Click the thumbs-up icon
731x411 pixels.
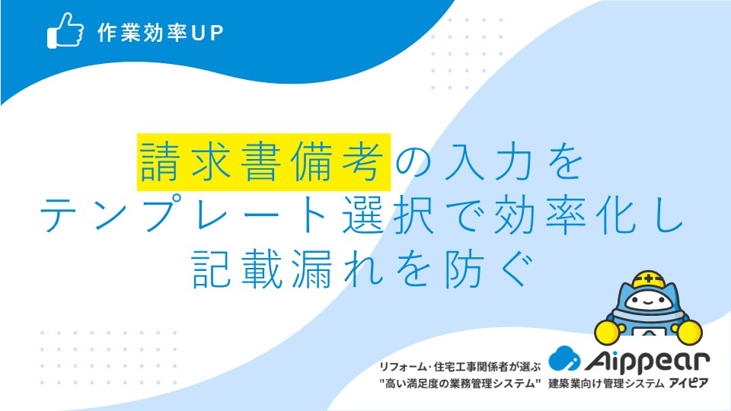click(65, 30)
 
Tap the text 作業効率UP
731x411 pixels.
click(161, 33)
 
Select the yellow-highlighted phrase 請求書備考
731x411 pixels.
click(263, 162)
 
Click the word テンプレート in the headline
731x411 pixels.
click(184, 215)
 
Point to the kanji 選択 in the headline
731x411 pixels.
click(389, 215)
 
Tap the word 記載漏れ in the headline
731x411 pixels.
click(288, 269)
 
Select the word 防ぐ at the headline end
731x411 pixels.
click(489, 269)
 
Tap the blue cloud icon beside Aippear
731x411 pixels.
click(564, 358)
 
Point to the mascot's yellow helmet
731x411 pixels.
click(649, 279)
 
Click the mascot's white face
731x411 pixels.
click(647, 301)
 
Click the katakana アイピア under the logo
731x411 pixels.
click(688, 384)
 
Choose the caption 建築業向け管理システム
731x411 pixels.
click(606, 384)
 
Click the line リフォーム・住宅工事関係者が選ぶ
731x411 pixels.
click(459, 367)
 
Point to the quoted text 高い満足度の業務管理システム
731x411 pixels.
click(460, 384)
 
